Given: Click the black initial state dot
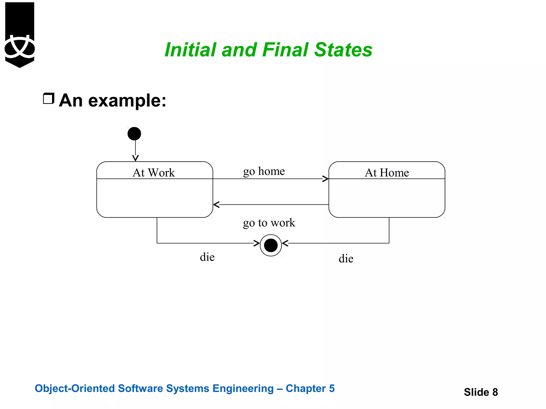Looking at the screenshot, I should [134, 134].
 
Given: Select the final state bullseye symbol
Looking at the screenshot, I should [271, 245].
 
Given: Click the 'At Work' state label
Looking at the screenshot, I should [154, 173].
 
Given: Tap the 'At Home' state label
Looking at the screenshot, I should [387, 173].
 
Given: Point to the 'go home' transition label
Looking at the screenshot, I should [264, 171].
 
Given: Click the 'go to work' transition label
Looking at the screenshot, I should [269, 223].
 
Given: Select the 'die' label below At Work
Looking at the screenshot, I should [207, 257].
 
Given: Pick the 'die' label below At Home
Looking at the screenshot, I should [346, 259].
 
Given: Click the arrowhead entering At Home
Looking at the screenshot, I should [326, 179].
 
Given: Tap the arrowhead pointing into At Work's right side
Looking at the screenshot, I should [216, 204].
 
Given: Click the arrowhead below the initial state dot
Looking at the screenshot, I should [135, 158].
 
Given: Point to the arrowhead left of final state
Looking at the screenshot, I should [257, 243].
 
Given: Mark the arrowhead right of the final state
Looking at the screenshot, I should [285, 243].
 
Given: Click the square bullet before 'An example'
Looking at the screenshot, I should [49, 99].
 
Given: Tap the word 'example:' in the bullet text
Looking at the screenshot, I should [127, 101].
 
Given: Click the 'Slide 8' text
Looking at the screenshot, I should [481, 392].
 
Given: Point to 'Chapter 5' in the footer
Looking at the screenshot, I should [310, 388].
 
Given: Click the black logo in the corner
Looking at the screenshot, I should [20, 35].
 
